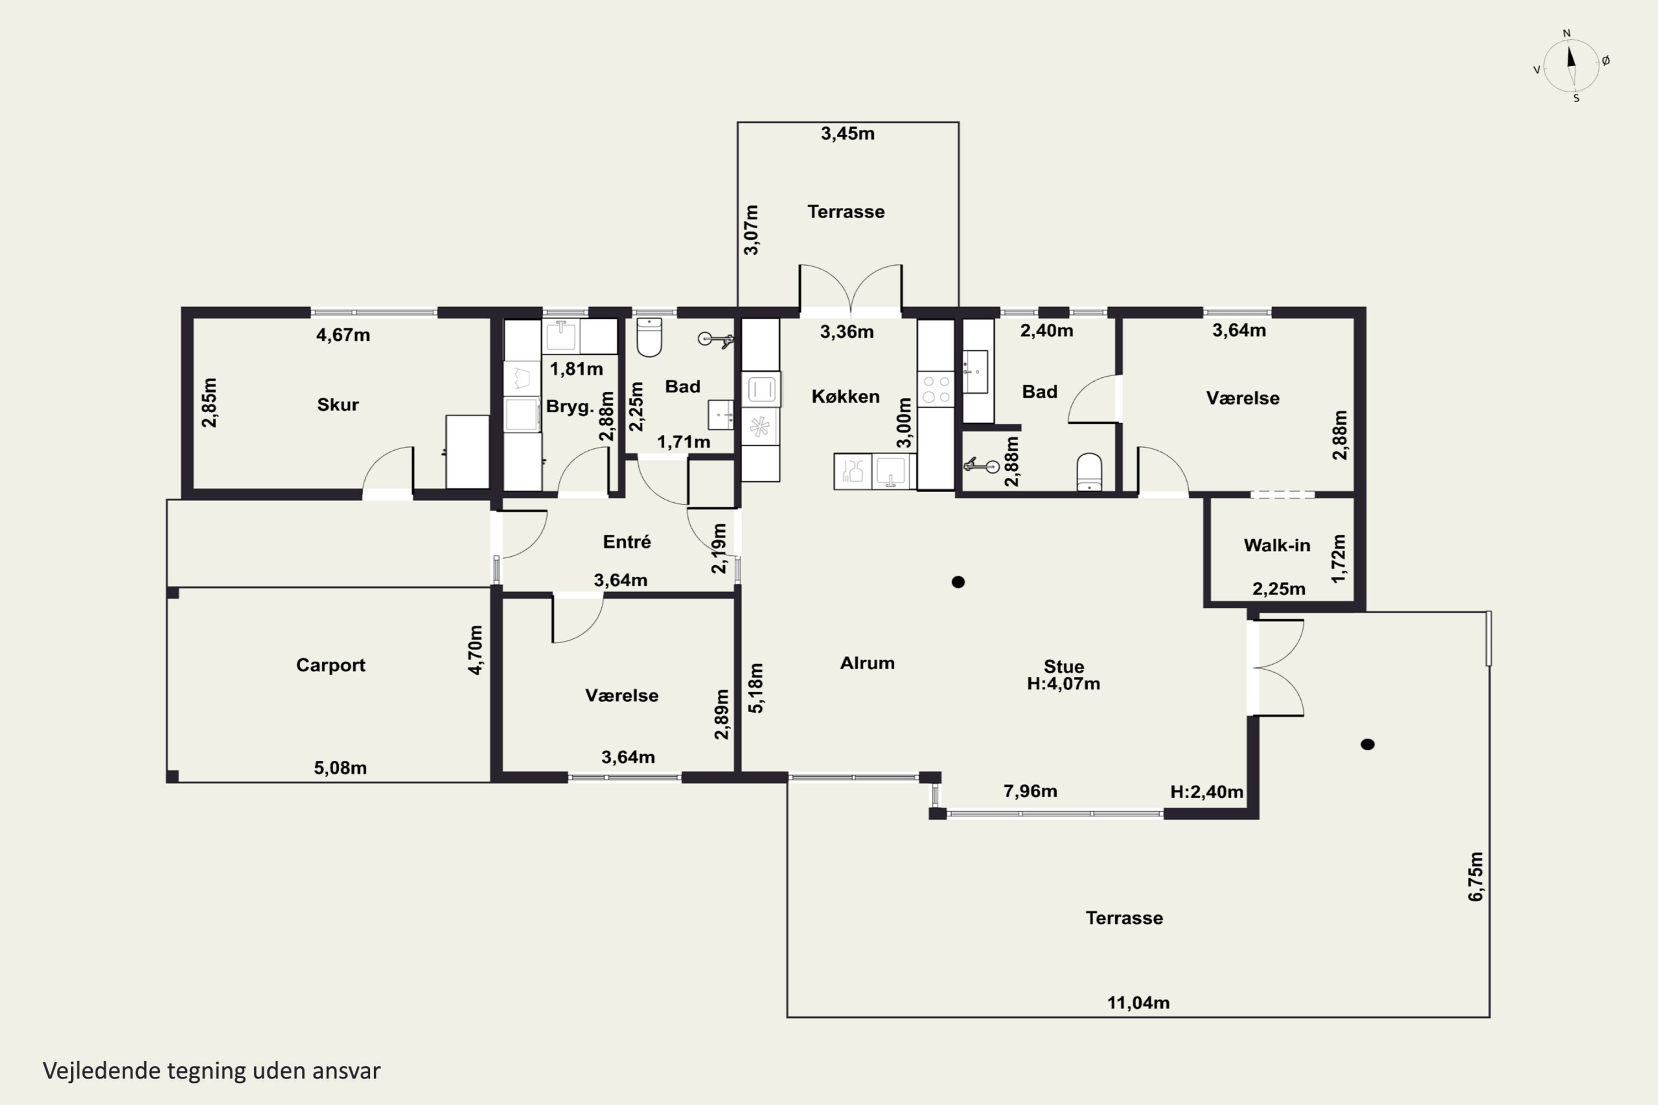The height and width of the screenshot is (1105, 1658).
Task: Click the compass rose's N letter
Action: tap(1567, 33)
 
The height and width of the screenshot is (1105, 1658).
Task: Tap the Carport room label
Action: tap(330, 665)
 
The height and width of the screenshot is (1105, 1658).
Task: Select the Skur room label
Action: tap(338, 404)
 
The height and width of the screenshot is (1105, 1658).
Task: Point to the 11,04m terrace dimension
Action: tap(1138, 1003)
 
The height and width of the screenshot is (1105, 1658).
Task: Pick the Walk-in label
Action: tap(1277, 545)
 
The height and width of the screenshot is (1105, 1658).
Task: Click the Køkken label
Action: tap(845, 396)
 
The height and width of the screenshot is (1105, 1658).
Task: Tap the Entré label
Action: tap(627, 541)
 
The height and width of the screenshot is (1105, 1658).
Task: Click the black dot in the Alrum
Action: tap(958, 582)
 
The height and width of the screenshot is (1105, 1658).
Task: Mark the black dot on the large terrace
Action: tap(1367, 744)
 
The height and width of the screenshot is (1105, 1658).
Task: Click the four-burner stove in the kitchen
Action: tap(936, 390)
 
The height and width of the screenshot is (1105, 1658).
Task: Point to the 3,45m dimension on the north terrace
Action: tap(847, 133)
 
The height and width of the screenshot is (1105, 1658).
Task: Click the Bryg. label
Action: tap(570, 407)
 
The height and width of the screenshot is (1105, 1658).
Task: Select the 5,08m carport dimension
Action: tap(340, 768)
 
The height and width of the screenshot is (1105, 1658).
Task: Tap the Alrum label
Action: tap(867, 663)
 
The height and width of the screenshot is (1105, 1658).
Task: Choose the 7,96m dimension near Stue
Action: tap(1030, 791)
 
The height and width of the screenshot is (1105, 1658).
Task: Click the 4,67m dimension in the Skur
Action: tap(343, 335)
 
